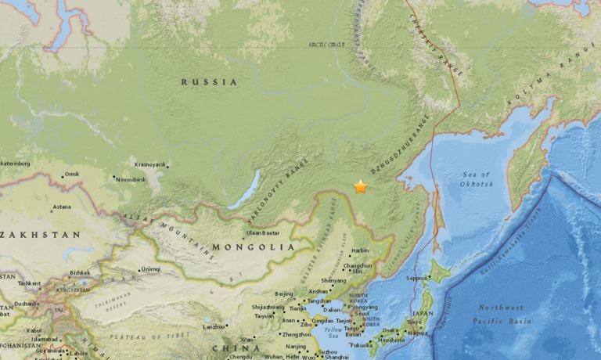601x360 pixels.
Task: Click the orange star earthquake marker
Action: [361, 187]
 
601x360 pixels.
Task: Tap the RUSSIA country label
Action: [209, 81]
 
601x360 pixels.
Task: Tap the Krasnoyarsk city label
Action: [150, 164]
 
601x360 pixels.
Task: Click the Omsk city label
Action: [72, 174]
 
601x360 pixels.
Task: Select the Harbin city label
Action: [360, 250]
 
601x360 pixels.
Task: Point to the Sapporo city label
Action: [416, 277]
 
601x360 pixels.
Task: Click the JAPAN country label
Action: [422, 312]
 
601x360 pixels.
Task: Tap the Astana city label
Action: [61, 207]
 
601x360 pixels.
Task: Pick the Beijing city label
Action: [284, 293]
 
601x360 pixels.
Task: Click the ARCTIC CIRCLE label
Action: [327, 45]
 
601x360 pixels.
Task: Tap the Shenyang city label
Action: [333, 280]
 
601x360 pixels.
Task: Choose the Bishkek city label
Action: [81, 273]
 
